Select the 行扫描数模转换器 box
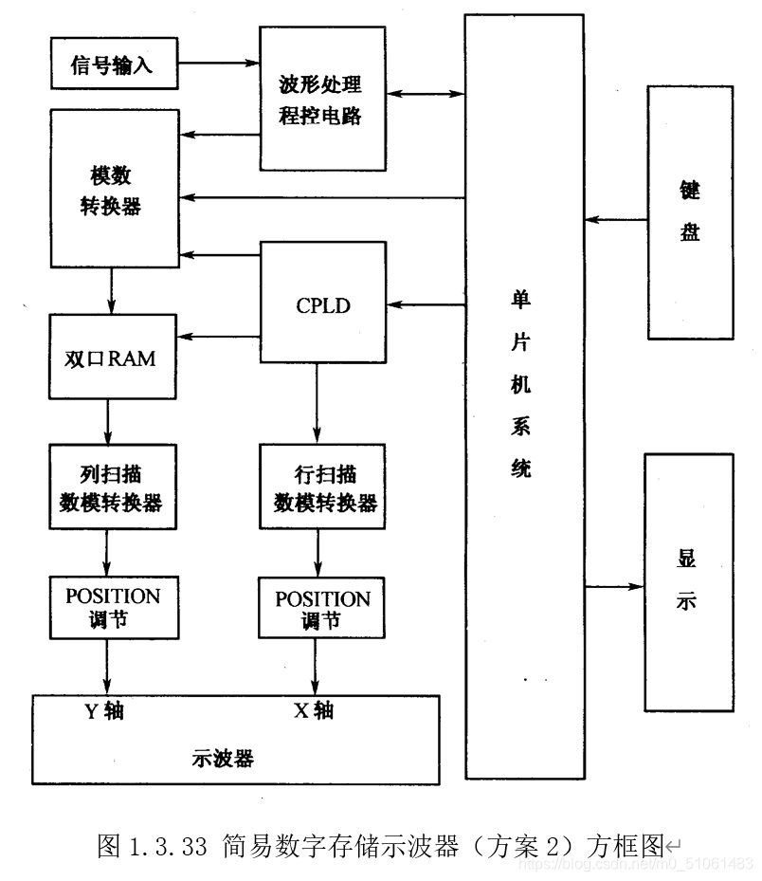tap(323, 488)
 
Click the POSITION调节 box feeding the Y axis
tap(113, 607)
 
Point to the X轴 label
tap(314, 710)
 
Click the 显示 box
tap(688, 581)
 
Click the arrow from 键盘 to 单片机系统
tap(615, 219)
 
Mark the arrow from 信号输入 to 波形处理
tap(218, 64)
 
